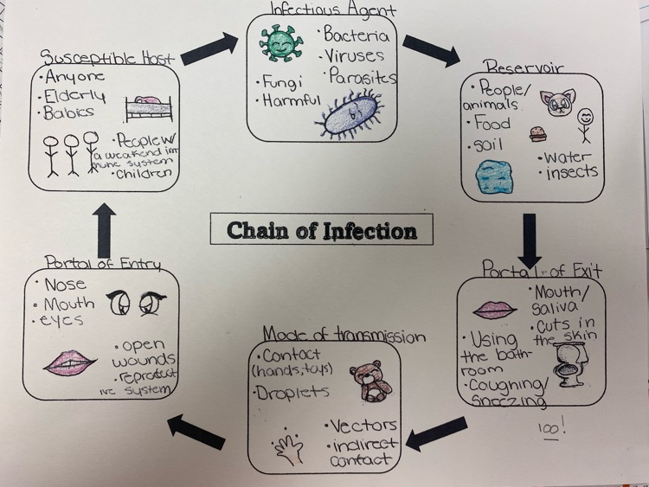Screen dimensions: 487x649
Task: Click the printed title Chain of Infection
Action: [322, 231]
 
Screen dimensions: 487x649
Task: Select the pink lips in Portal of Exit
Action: [493, 309]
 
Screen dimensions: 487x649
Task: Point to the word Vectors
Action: [363, 426]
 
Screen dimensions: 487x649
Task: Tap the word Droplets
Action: [292, 393]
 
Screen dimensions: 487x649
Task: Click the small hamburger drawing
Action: [537, 133]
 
